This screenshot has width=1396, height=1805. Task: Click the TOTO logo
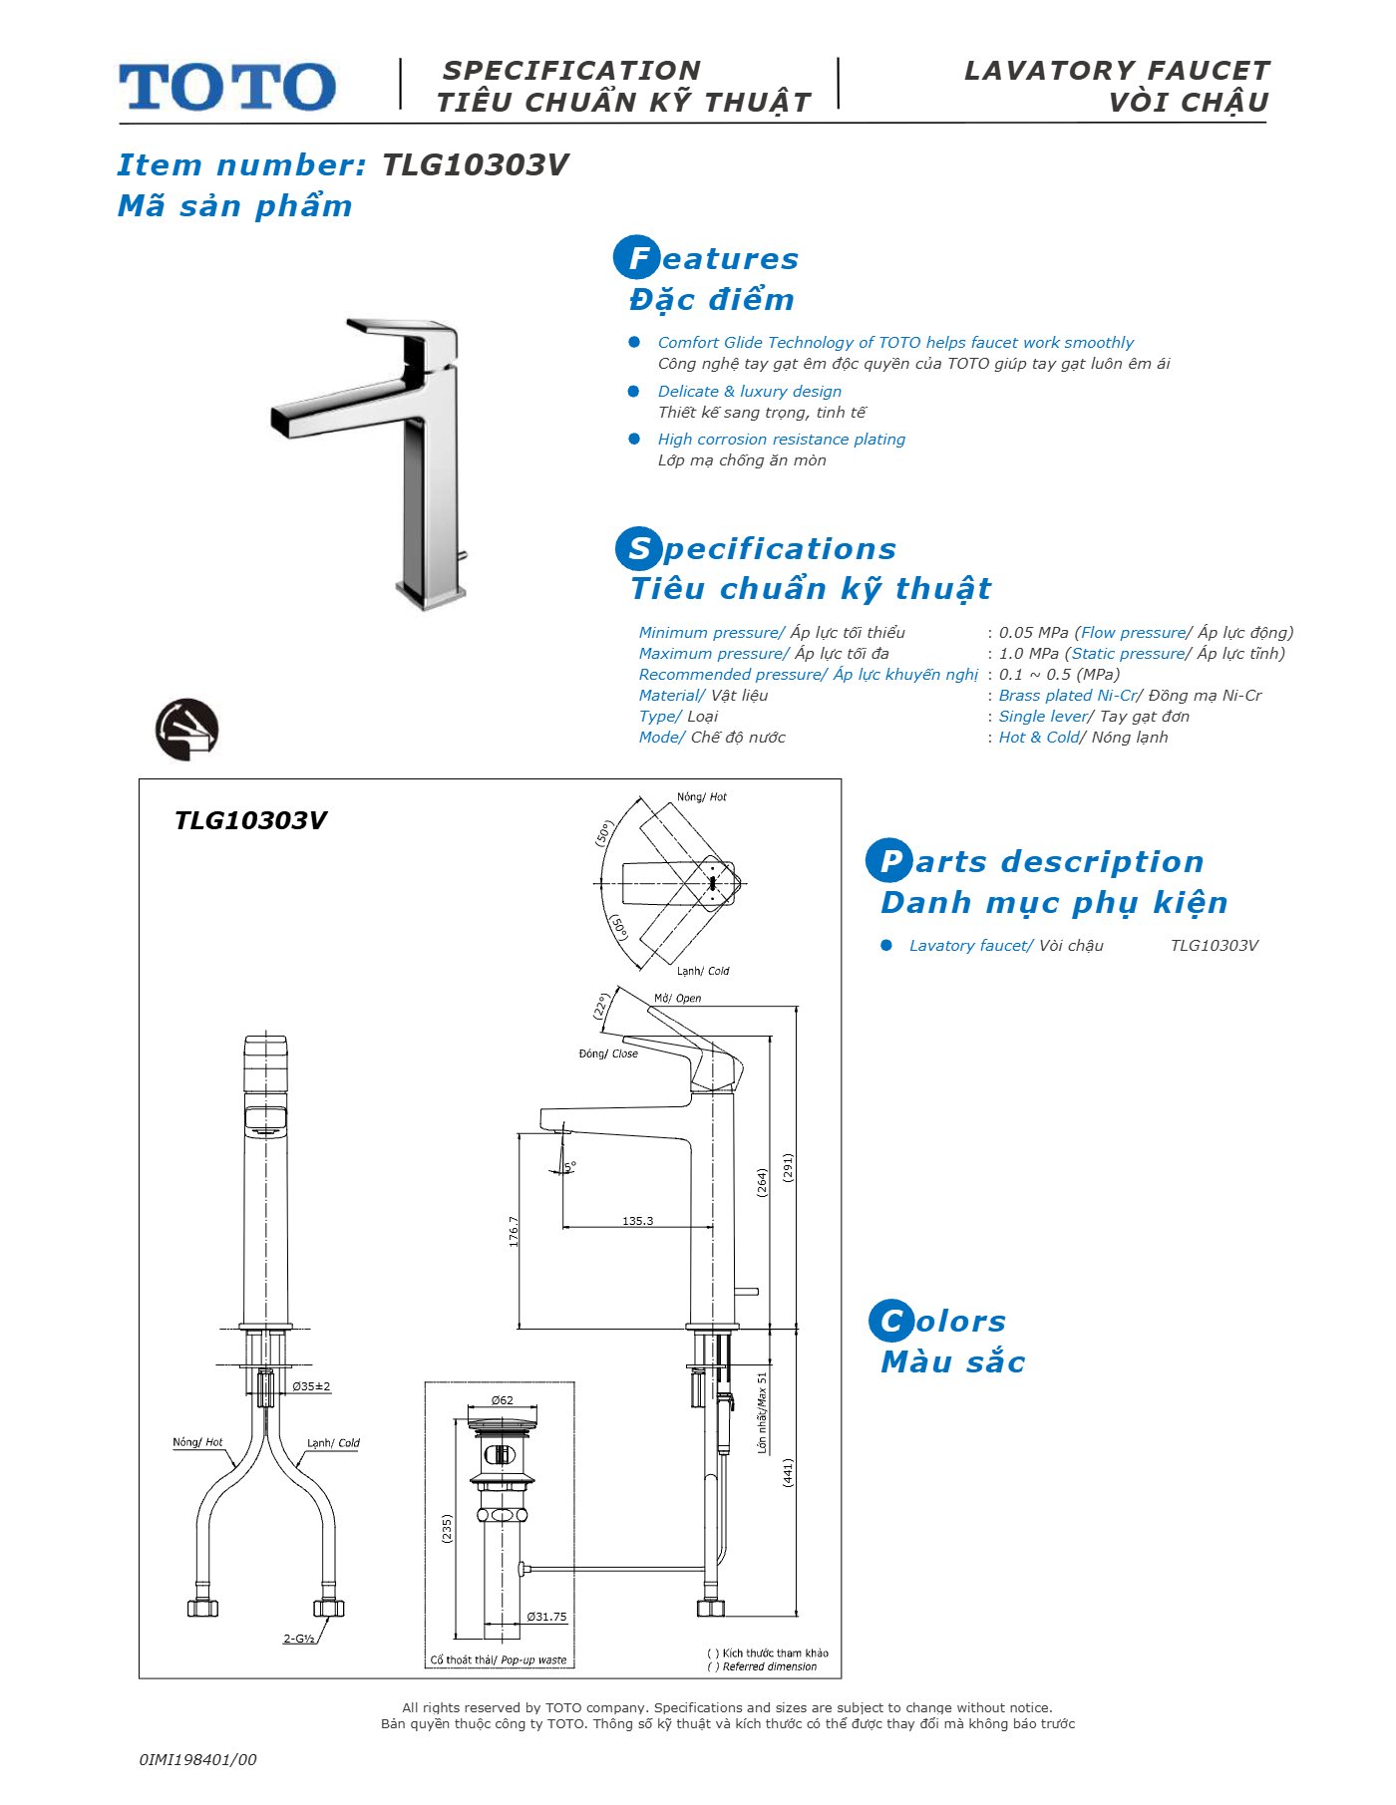click(x=227, y=87)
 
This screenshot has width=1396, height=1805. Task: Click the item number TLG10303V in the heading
click(x=475, y=164)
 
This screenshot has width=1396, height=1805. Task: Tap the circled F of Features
click(x=636, y=258)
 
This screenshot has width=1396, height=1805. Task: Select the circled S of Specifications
click(x=638, y=548)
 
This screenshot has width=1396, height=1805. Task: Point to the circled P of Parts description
click(x=888, y=861)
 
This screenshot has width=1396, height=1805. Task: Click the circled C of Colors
click(x=890, y=1321)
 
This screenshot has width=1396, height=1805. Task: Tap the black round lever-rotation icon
click(x=186, y=730)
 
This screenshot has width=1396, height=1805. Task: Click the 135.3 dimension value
click(x=637, y=1220)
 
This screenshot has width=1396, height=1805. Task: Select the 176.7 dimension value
click(x=514, y=1232)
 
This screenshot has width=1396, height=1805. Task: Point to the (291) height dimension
click(x=787, y=1168)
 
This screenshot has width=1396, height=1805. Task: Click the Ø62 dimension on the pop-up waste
click(x=503, y=1400)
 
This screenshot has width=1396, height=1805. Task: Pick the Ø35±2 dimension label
click(x=311, y=1386)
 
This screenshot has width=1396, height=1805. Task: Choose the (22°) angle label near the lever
click(x=601, y=1005)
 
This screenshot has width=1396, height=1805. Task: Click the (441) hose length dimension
click(x=787, y=1472)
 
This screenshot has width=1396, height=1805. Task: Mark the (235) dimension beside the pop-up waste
click(x=446, y=1529)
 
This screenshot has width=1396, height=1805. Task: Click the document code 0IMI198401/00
click(x=197, y=1759)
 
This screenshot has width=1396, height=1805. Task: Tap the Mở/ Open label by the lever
click(x=677, y=998)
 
